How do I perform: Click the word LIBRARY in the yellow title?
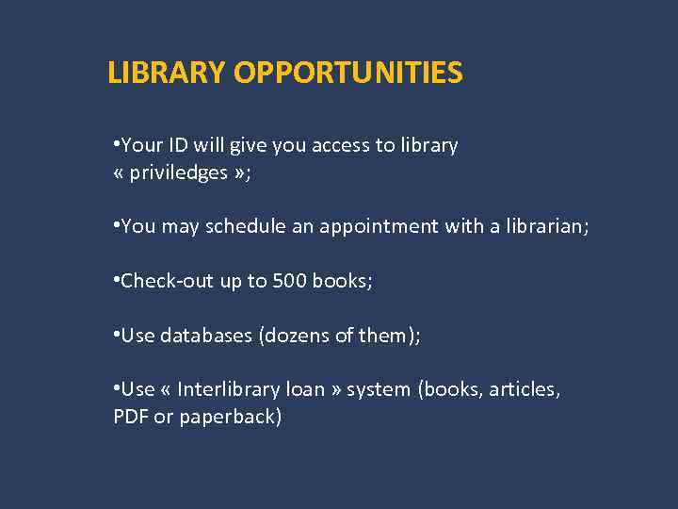click(167, 73)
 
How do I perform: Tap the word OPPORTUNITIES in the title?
click(347, 73)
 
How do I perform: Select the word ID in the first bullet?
click(179, 145)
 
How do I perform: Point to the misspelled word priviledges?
click(179, 172)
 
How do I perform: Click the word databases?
click(205, 335)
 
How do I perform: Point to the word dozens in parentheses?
click(294, 335)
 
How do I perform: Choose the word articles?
click(523, 389)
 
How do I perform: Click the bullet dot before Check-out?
click(116, 280)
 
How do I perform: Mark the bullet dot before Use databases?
click(116, 334)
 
